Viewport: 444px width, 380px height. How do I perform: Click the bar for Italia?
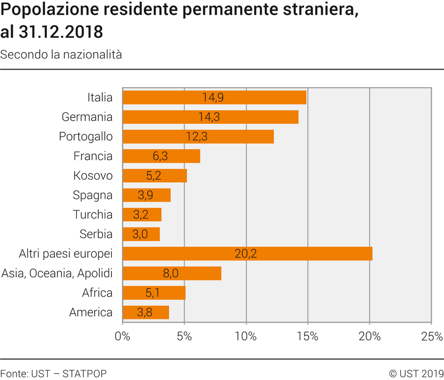pyautogui.click(x=215, y=97)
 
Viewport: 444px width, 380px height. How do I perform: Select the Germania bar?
pyautogui.click(x=210, y=117)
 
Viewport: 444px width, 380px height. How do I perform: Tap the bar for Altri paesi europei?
pyautogui.click(x=247, y=254)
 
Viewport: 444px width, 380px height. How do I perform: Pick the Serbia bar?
pyautogui.click(x=141, y=234)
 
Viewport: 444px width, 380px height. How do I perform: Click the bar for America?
pyautogui.click(x=146, y=313)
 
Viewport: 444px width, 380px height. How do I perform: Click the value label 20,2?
pyautogui.click(x=245, y=254)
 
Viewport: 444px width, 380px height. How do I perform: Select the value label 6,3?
pyautogui.click(x=161, y=156)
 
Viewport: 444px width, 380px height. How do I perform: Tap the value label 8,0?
pyautogui.click(x=171, y=273)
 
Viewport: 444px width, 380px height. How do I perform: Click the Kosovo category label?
pyautogui.click(x=93, y=175)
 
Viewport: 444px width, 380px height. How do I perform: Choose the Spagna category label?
pyautogui.click(x=93, y=195)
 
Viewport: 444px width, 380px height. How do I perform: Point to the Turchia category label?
pyautogui.click(x=93, y=215)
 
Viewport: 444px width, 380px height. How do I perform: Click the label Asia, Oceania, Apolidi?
pyautogui.click(x=57, y=273)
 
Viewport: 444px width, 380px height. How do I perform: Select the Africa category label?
pyautogui.click(x=97, y=293)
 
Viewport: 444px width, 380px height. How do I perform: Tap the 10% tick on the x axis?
pyautogui.click(x=246, y=336)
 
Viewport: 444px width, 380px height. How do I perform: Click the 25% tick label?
pyautogui.click(x=431, y=336)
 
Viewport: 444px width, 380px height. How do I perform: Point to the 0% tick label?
pyautogui.click(x=122, y=336)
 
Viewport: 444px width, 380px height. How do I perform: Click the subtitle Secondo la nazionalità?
pyautogui.click(x=61, y=54)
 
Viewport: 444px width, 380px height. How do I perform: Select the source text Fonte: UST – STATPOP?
pyautogui.click(x=53, y=373)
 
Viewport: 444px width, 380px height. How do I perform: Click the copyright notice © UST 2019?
pyautogui.click(x=416, y=373)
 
